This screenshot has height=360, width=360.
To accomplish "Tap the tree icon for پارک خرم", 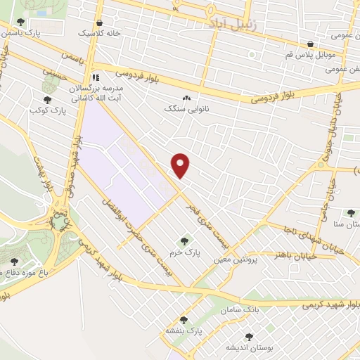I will click(185, 241).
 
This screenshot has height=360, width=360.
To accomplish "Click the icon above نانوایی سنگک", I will click(186, 98).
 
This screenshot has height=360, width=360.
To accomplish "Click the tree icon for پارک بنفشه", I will click(184, 320).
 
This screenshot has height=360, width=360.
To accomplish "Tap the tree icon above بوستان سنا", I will click(351, 213).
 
